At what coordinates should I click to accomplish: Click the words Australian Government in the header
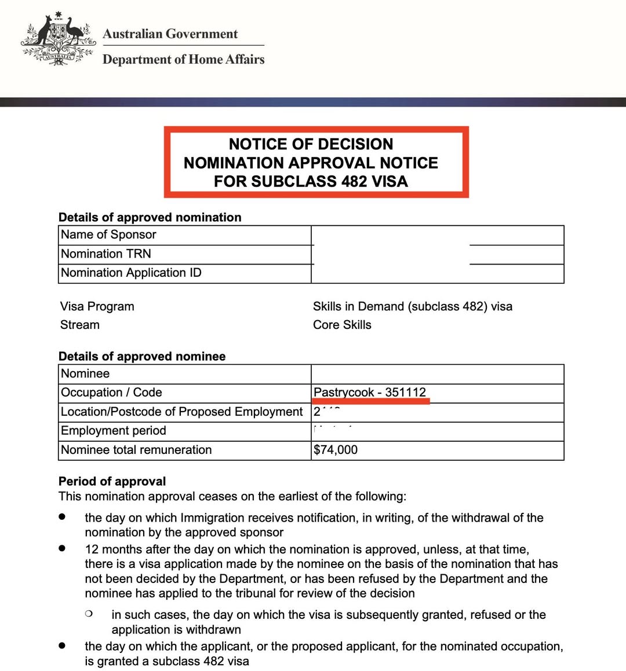(x=170, y=34)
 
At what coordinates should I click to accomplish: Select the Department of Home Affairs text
(x=183, y=59)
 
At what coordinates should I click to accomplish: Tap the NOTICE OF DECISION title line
(x=311, y=144)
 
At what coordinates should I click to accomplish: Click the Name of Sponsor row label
(x=108, y=234)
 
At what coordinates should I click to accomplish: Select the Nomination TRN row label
(x=105, y=254)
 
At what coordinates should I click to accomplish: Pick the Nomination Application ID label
(x=131, y=273)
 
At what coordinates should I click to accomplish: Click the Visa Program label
(x=97, y=306)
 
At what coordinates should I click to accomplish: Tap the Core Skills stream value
(x=342, y=325)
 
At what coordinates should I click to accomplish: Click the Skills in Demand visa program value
(x=412, y=306)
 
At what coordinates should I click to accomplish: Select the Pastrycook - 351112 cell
(x=370, y=393)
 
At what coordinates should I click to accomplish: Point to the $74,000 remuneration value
(x=336, y=450)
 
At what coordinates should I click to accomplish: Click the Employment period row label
(x=114, y=431)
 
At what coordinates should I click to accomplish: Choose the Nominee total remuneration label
(x=136, y=450)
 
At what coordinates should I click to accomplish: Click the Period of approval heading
(x=112, y=481)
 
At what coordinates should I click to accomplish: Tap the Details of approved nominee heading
(x=142, y=356)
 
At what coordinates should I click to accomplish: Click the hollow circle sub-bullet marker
(x=88, y=613)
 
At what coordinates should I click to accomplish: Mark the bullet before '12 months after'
(x=62, y=548)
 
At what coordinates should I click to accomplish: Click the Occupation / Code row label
(x=111, y=393)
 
